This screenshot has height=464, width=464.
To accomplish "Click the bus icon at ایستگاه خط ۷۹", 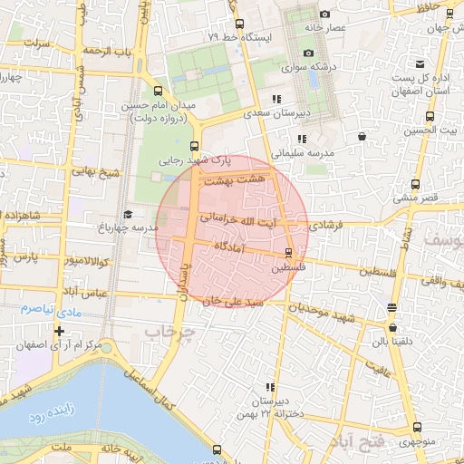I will click(239, 24).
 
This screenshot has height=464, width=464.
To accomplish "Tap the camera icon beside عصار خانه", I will click(324, 14).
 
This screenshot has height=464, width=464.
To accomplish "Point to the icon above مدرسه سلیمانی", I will click(303, 139).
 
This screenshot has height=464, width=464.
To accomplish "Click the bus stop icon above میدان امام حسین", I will click(159, 92).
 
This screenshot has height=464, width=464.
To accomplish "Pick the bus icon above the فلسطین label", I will click(289, 253).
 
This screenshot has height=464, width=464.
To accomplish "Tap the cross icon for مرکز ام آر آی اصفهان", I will click(59, 331).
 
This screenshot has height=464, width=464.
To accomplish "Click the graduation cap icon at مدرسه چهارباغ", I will click(128, 214).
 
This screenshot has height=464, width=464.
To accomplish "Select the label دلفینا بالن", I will click(391, 342).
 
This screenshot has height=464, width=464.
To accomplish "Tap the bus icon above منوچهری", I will click(416, 427).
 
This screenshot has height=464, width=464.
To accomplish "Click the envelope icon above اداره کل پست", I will click(420, 64).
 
